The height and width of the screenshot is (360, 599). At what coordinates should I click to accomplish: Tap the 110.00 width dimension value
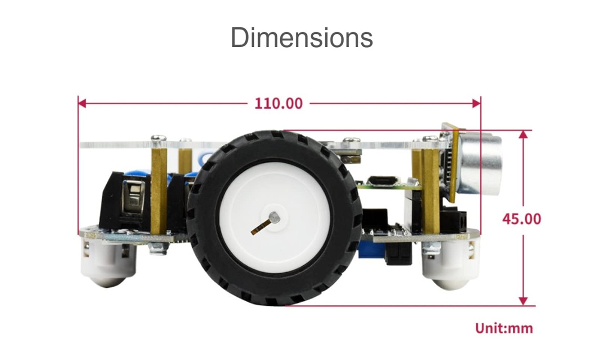tap(279, 104)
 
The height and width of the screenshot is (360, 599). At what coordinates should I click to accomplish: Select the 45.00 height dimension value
tap(522, 219)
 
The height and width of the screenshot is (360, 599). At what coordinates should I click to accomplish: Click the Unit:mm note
tap(504, 329)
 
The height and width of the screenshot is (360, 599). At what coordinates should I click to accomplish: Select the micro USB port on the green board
tap(382, 181)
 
